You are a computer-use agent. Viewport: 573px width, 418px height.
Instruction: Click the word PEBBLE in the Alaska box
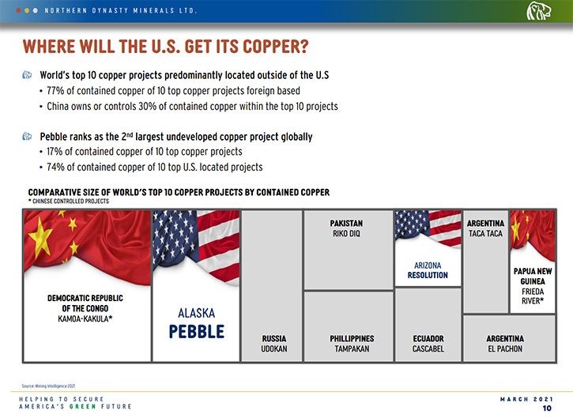197,331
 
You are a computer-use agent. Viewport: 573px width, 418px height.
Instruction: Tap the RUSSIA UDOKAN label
274,344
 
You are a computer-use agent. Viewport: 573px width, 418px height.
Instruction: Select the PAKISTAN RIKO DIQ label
346,228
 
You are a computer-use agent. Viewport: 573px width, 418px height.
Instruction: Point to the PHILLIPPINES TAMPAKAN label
352,344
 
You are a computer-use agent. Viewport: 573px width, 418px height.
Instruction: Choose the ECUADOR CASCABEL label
428,344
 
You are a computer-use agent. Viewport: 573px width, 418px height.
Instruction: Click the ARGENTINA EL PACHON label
505,344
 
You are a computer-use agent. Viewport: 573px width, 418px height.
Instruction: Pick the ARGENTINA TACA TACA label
485,228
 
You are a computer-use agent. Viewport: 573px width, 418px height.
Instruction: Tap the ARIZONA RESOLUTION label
428,270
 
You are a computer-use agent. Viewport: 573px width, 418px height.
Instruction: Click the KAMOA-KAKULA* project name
85,319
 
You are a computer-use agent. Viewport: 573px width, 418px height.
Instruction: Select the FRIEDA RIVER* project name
533,296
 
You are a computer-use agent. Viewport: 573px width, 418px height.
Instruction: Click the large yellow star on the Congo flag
40,238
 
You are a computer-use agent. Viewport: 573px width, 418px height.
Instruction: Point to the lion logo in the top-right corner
539,11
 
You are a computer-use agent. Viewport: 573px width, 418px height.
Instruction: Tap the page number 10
547,409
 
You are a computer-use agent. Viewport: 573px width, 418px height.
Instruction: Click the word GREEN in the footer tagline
83,407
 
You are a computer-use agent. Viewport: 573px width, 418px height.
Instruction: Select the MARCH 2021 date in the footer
526,399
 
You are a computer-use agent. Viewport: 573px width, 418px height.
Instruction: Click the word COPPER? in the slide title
276,47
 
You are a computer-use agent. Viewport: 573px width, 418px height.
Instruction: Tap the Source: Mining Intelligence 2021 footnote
48,386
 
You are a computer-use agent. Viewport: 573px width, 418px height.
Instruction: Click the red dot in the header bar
18,10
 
